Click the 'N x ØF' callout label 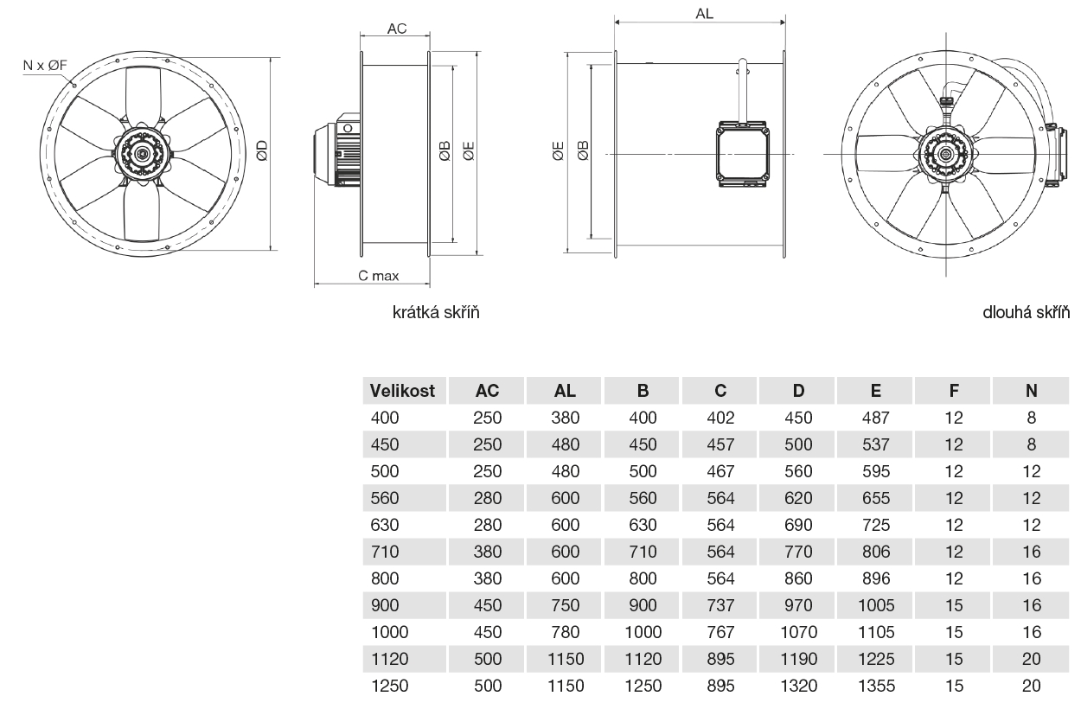coord(45,65)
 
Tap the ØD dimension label coord(261,150)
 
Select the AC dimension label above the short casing coord(397,29)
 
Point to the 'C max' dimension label coord(379,276)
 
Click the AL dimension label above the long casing coord(704,14)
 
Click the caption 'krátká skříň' coord(436,312)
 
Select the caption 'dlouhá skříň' coord(1026,312)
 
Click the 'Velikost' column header coord(402,391)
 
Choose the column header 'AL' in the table coord(565,391)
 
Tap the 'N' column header coord(1032,391)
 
